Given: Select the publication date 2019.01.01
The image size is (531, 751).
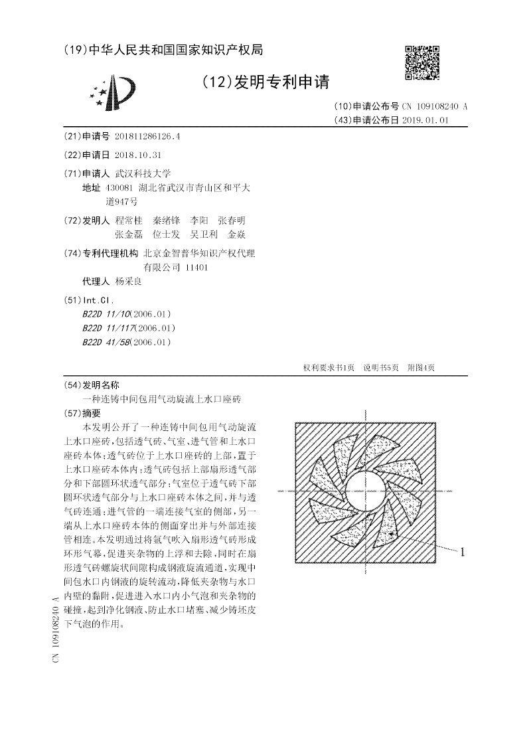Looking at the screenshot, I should pyautogui.click(x=426, y=120).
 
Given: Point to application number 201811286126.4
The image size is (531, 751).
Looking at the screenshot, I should pyautogui.click(x=148, y=136).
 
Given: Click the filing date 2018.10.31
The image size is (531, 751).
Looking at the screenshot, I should pyautogui.click(x=138, y=155).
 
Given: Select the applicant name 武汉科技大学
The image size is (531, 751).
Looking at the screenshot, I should pyautogui.click(x=143, y=173).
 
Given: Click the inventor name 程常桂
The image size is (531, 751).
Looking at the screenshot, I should pyautogui.click(x=129, y=220).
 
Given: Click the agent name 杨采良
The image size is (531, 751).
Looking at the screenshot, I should pyautogui.click(x=129, y=281).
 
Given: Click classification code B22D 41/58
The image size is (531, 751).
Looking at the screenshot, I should pyautogui.click(x=104, y=342).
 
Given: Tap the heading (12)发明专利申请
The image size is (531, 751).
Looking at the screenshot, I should pyautogui.click(x=265, y=82).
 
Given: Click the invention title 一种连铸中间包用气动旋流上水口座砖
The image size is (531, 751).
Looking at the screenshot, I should pyautogui.click(x=161, y=400).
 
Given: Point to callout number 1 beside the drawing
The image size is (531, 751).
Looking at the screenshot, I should pyautogui.click(x=463, y=550).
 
